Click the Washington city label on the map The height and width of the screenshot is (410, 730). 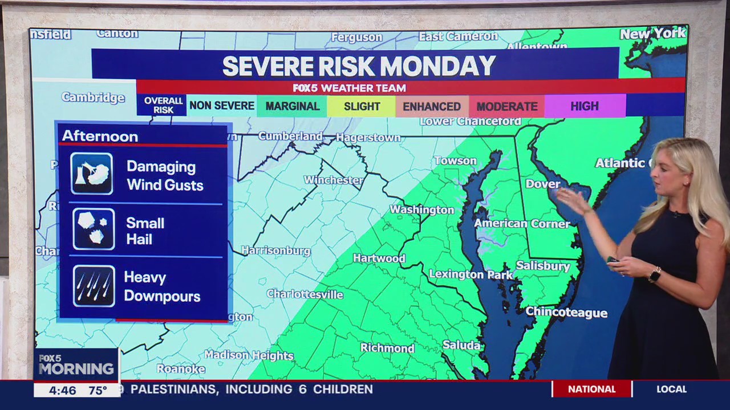422,210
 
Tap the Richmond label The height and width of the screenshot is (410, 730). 387,348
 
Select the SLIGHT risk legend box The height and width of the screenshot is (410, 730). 362,106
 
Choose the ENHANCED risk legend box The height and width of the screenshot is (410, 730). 432,106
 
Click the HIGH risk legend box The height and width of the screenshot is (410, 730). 585,106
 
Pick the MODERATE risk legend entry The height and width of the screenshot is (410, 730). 507,106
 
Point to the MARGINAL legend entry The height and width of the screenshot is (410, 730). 292,106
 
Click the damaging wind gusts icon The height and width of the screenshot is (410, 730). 92,173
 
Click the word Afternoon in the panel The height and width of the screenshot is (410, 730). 100,137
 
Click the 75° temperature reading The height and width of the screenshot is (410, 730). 98,390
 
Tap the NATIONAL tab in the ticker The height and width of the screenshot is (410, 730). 591,389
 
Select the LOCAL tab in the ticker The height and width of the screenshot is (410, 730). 671,389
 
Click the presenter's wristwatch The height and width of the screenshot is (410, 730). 654,274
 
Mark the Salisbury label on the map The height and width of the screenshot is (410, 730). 543,266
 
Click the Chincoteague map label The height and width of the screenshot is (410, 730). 566,312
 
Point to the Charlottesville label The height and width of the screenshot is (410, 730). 305,294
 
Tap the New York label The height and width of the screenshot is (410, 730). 653,34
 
